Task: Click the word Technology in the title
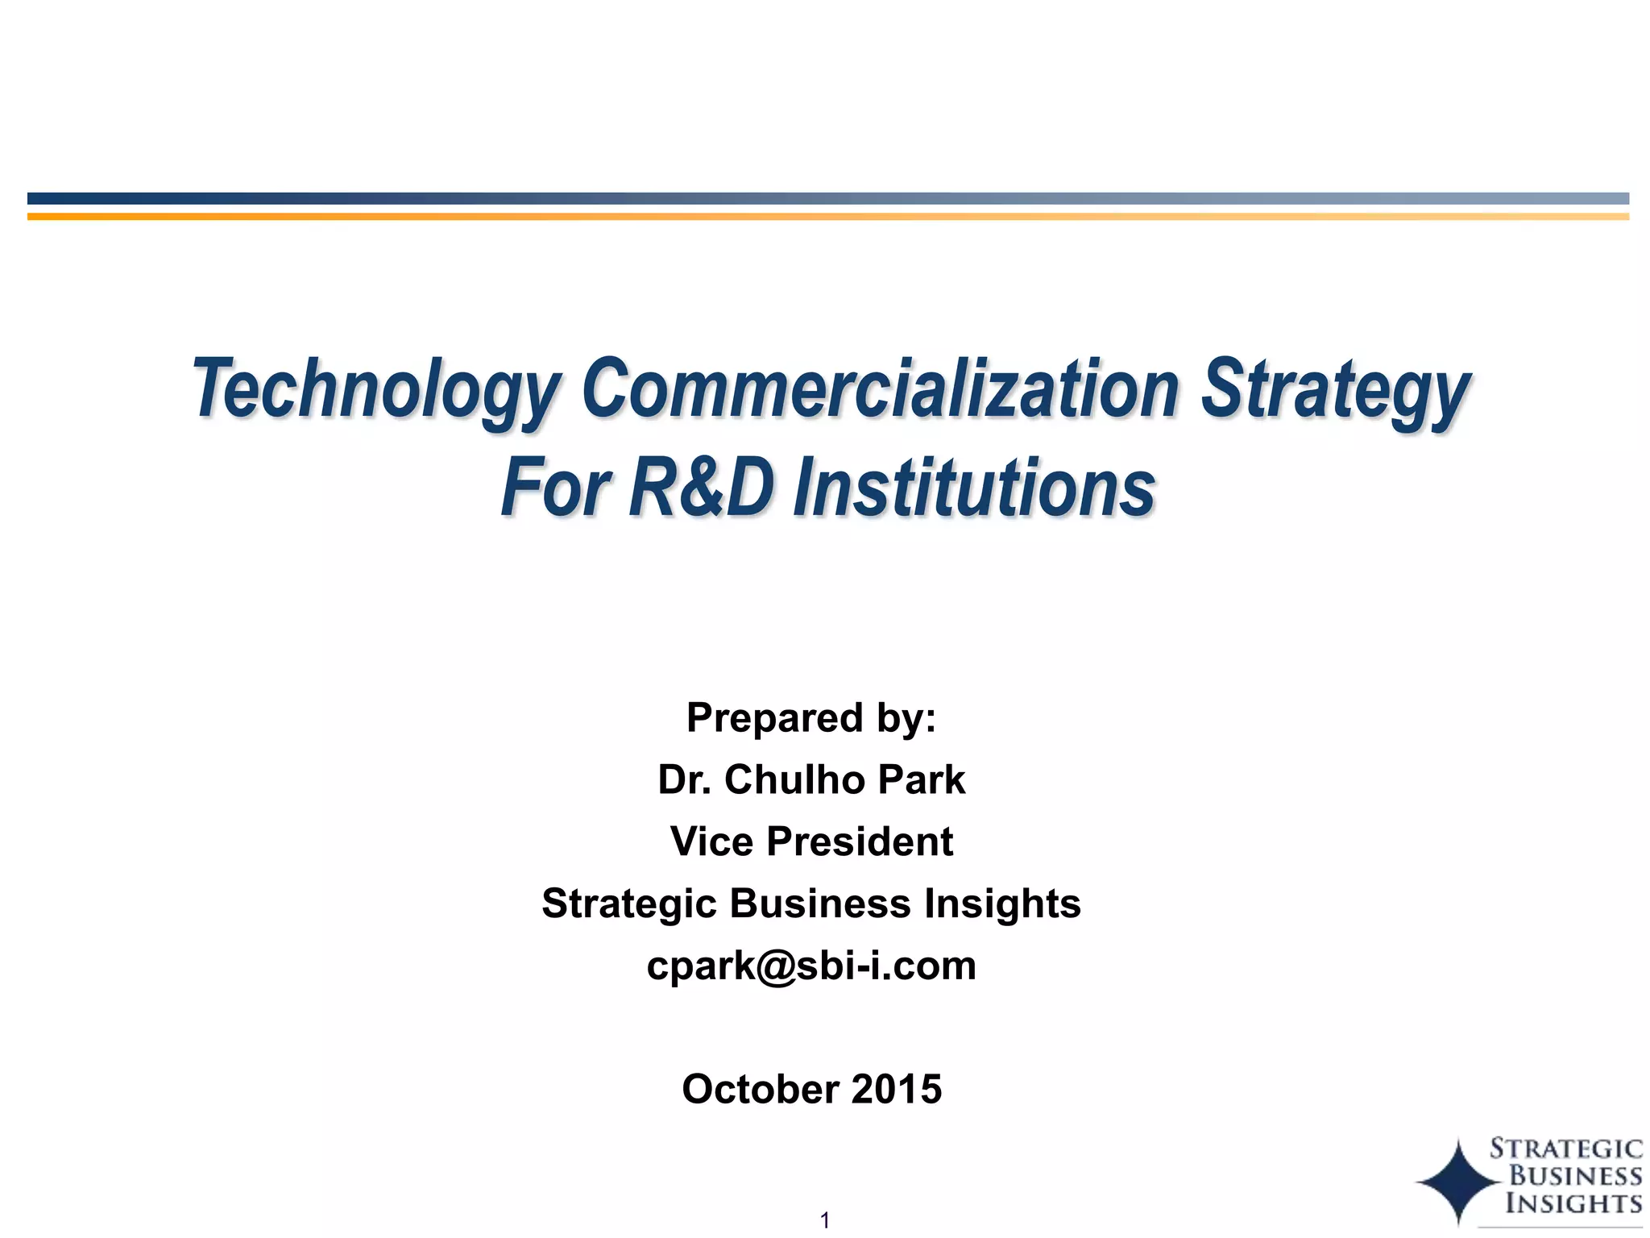point(375,389)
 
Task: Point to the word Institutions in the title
point(975,488)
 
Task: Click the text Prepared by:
point(811,717)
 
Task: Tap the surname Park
point(921,779)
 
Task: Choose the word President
point(860,841)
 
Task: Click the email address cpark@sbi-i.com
point(811,965)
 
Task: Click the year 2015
point(897,1089)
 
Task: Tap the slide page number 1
point(824,1220)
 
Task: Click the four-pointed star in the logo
point(1458,1182)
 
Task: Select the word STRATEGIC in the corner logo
point(1565,1149)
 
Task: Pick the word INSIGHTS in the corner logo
point(1573,1203)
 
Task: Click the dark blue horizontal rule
point(827,198)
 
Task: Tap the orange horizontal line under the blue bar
point(827,216)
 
